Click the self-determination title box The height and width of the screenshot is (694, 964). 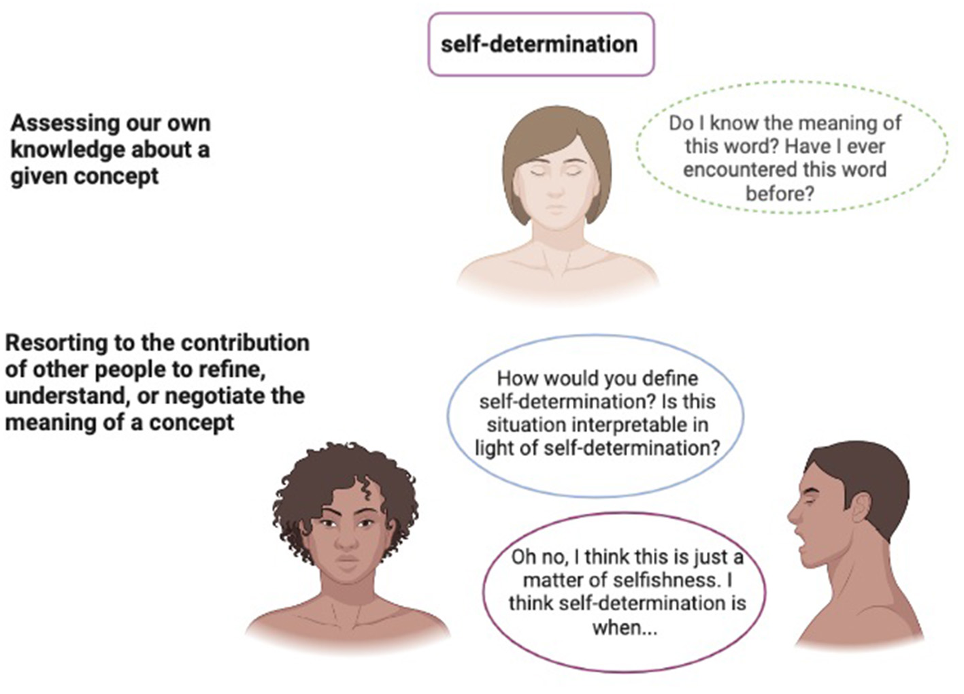(540, 44)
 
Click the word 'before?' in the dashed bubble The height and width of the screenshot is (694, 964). (780, 193)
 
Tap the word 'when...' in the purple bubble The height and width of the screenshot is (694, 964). (625, 627)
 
